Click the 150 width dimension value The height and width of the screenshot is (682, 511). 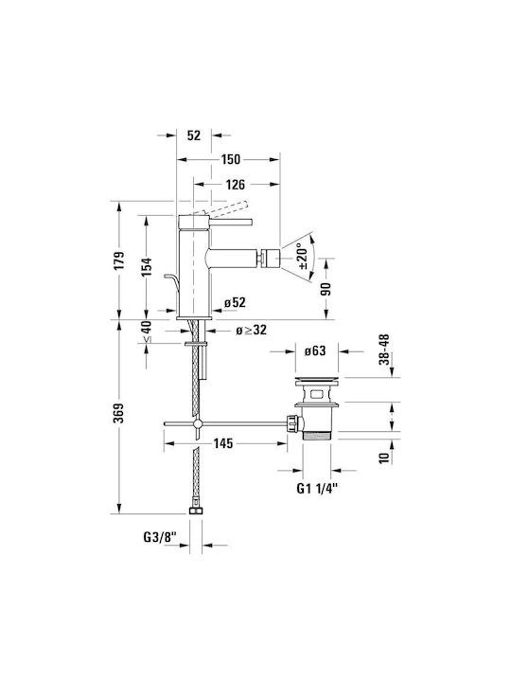(x=230, y=160)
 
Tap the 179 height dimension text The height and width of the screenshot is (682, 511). (x=120, y=260)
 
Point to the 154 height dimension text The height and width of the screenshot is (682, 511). (x=147, y=267)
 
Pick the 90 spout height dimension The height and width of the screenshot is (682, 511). (x=326, y=289)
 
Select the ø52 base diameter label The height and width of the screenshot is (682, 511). (x=235, y=302)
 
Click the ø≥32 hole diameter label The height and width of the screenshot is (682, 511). (x=251, y=331)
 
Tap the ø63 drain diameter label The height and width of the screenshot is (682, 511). (x=314, y=350)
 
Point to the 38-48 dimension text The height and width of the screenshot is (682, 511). (x=383, y=350)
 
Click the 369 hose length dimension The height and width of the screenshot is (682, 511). (x=120, y=413)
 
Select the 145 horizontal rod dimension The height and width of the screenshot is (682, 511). (x=223, y=443)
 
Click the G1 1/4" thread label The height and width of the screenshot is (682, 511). (x=317, y=489)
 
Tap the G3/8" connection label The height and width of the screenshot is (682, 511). (x=160, y=538)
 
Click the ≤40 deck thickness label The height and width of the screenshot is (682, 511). (x=147, y=331)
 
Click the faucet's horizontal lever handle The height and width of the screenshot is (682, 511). (x=231, y=223)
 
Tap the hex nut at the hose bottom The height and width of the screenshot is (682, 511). (x=197, y=511)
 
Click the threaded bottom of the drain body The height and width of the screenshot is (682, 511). (x=316, y=436)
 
